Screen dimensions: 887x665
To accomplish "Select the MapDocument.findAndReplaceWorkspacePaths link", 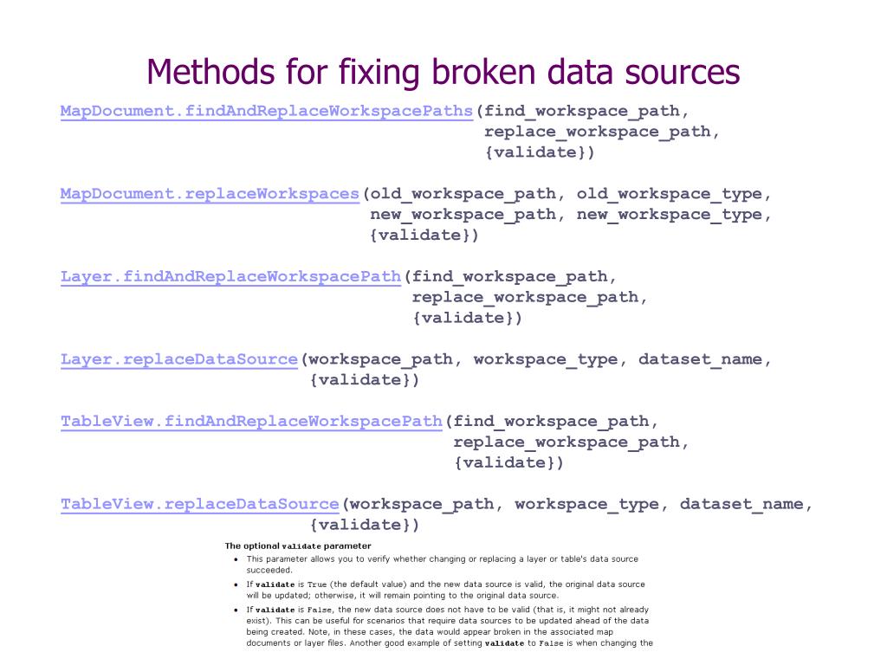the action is pyautogui.click(x=267, y=111).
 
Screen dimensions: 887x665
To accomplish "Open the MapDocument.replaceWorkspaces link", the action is pyautogui.click(x=210, y=194).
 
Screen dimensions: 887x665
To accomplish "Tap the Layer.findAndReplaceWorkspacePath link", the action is pyautogui.click(x=230, y=277).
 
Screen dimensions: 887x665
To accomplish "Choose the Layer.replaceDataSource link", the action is pyautogui.click(x=179, y=359).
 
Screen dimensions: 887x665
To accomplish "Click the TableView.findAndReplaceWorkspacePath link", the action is pyautogui.click(x=251, y=422).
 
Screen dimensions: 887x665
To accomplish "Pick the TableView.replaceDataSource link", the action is pyautogui.click(x=199, y=504).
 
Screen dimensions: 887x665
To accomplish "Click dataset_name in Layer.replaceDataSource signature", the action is pyautogui.click(x=701, y=359).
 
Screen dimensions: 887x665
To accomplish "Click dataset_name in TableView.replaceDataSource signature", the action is pyautogui.click(x=742, y=504).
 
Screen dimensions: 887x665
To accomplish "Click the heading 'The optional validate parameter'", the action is pyautogui.click(x=297, y=546).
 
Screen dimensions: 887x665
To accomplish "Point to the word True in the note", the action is pyautogui.click(x=317, y=584).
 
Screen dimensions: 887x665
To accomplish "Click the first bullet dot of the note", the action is pyautogui.click(x=237, y=559).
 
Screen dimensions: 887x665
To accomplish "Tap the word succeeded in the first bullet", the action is pyautogui.click(x=269, y=571).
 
